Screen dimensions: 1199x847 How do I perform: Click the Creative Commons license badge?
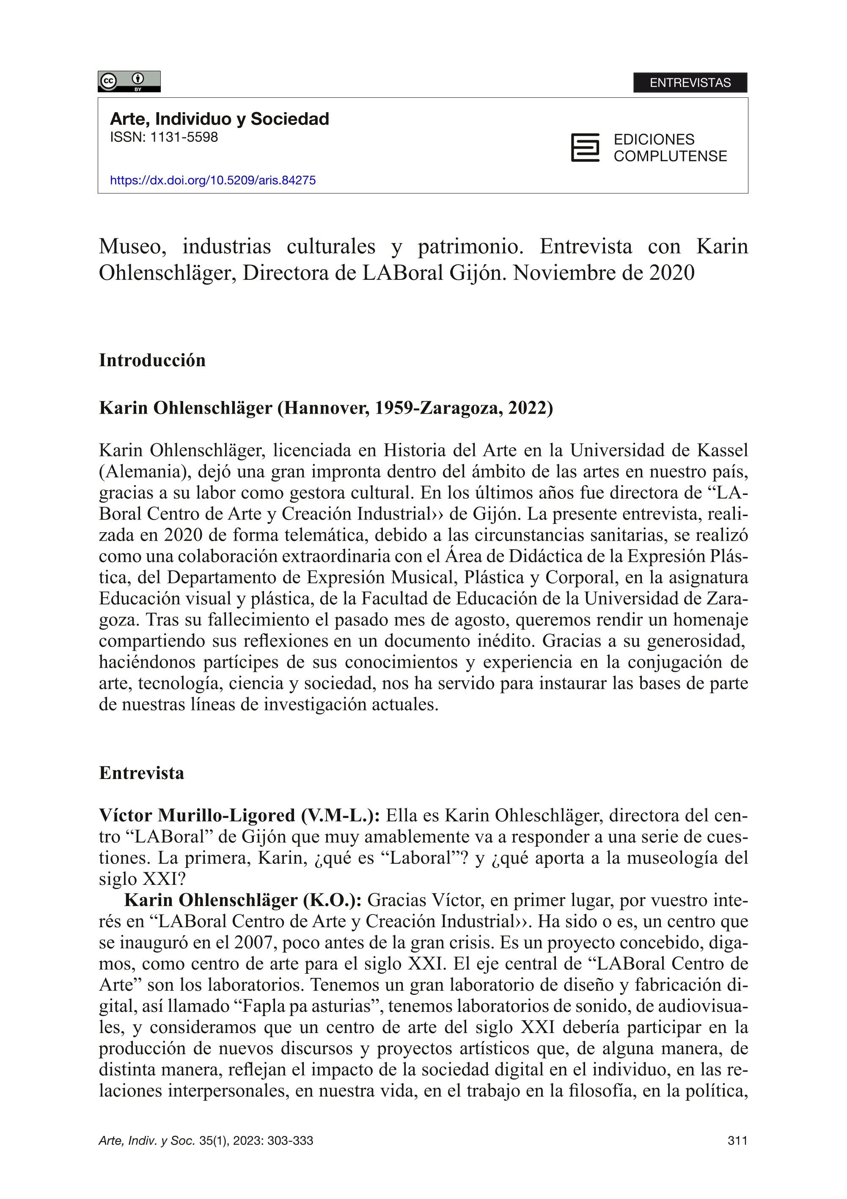[x=129, y=81]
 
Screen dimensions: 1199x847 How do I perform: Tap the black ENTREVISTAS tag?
[x=690, y=83]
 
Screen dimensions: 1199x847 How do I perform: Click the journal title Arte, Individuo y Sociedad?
[x=219, y=119]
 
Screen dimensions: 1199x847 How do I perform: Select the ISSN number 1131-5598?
[x=184, y=137]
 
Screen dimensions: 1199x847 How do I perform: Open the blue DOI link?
[x=212, y=180]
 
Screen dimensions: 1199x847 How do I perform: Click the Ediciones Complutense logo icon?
[x=585, y=148]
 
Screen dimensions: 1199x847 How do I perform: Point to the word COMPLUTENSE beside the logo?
[x=670, y=156]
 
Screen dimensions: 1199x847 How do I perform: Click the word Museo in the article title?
[x=132, y=246]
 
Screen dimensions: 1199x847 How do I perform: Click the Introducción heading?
[x=152, y=360]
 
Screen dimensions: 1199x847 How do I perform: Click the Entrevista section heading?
[x=141, y=774]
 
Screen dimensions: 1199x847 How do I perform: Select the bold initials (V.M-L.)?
[x=340, y=816]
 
